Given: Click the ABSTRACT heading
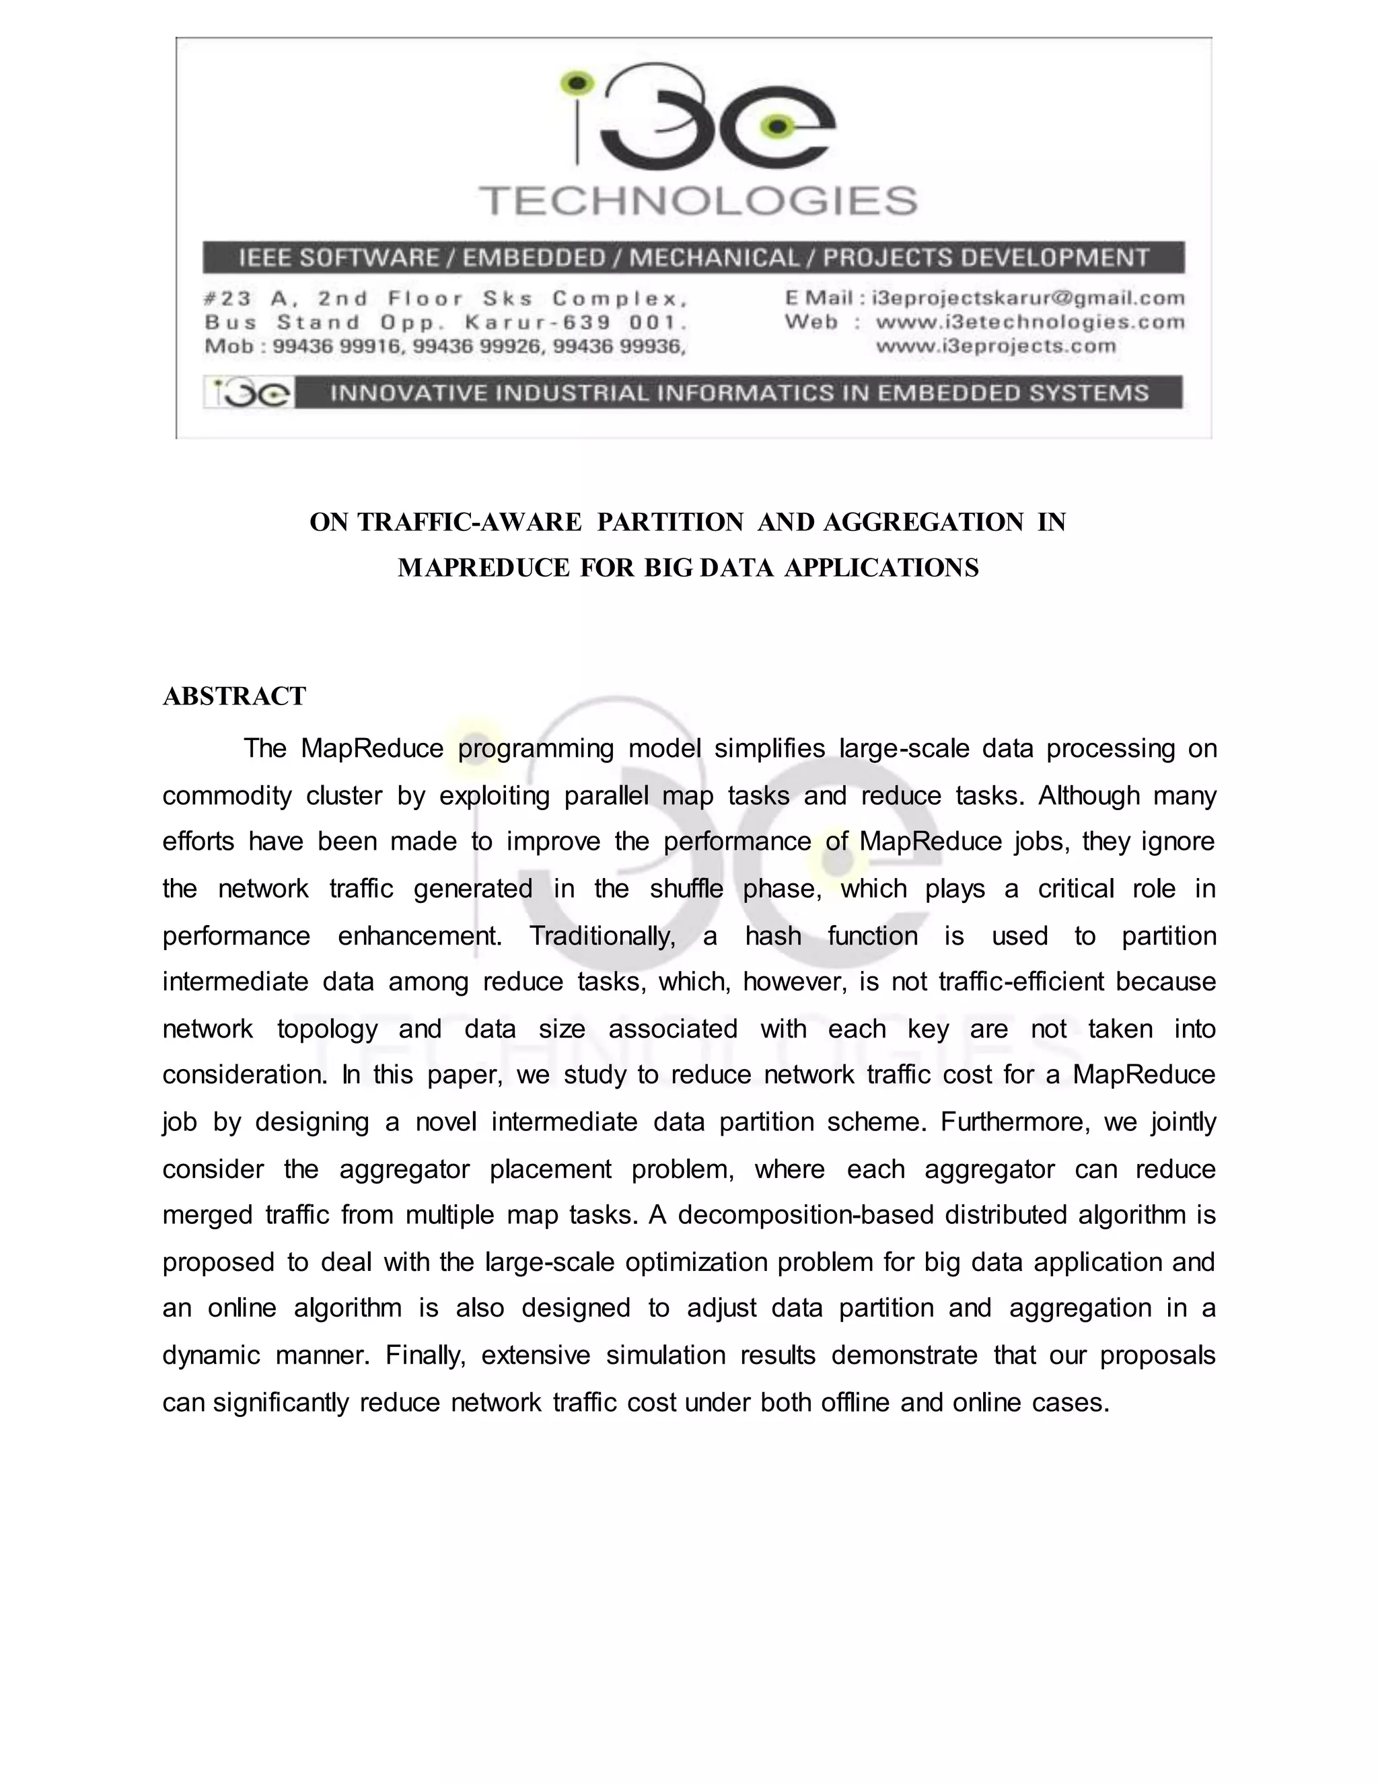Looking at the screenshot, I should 234,696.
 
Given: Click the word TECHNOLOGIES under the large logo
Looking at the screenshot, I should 698,201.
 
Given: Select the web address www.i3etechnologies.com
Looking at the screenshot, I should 1029,322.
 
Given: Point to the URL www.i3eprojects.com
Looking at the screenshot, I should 995,346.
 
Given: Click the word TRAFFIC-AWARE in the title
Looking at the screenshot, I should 470,523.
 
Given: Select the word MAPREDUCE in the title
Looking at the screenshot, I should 483,569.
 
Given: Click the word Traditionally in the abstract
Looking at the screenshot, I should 602,936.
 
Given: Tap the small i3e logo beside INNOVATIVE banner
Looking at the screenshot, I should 248,394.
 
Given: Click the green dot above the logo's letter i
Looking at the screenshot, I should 578,83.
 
